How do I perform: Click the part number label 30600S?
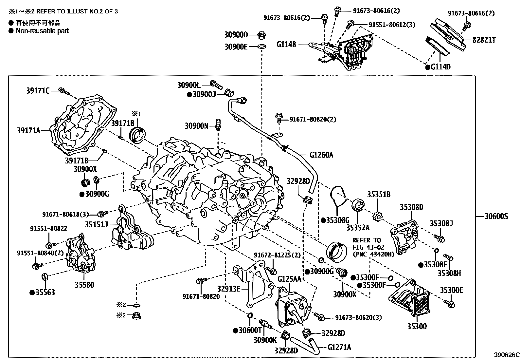496,217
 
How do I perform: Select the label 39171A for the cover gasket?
29,131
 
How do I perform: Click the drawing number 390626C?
507,355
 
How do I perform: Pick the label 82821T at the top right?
484,40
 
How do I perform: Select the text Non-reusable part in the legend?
43,31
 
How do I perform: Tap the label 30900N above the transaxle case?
196,125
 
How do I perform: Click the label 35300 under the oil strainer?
417,326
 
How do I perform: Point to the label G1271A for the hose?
339,347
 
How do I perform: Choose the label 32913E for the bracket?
228,289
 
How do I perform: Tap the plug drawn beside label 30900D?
261,35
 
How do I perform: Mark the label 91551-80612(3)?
392,25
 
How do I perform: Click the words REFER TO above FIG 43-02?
367,240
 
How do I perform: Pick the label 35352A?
358,227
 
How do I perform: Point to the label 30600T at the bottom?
251,331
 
